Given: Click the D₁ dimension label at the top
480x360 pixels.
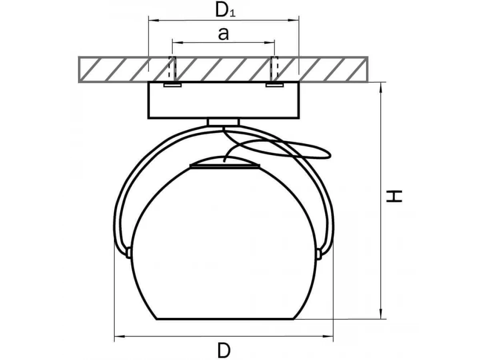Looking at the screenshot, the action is [225, 10].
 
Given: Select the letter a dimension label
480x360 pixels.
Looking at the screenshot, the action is [223, 34].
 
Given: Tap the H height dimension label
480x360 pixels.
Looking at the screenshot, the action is [394, 196].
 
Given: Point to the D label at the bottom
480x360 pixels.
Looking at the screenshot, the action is [224, 350].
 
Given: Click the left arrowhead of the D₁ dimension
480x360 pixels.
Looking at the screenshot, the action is [154, 20].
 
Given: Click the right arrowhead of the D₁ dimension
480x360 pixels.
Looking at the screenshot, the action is [294, 20].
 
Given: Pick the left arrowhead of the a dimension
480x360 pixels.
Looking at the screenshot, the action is [177, 42].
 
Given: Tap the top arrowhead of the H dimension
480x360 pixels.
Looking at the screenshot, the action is [381, 88].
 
